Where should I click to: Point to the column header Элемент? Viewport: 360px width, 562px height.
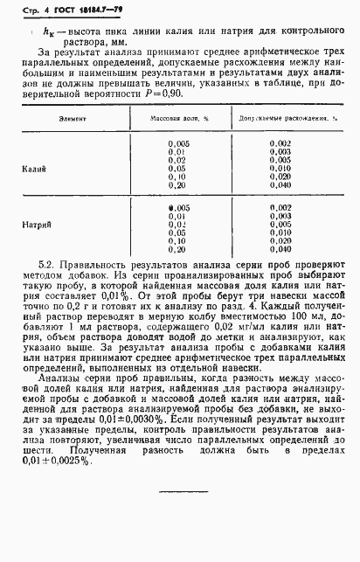pos(48,140)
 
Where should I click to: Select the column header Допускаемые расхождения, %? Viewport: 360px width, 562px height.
pos(280,140)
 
